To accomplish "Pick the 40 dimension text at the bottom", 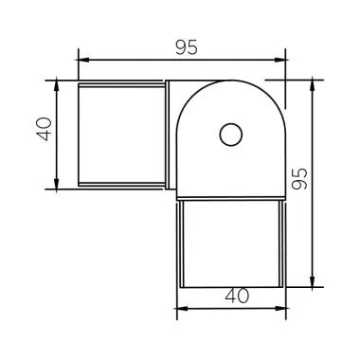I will tap(231, 296).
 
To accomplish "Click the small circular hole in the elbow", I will tap(230, 135).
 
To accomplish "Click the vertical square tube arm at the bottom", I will tap(231, 242).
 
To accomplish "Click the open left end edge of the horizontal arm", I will tap(77, 134).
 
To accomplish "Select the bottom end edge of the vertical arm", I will tap(231, 287).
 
